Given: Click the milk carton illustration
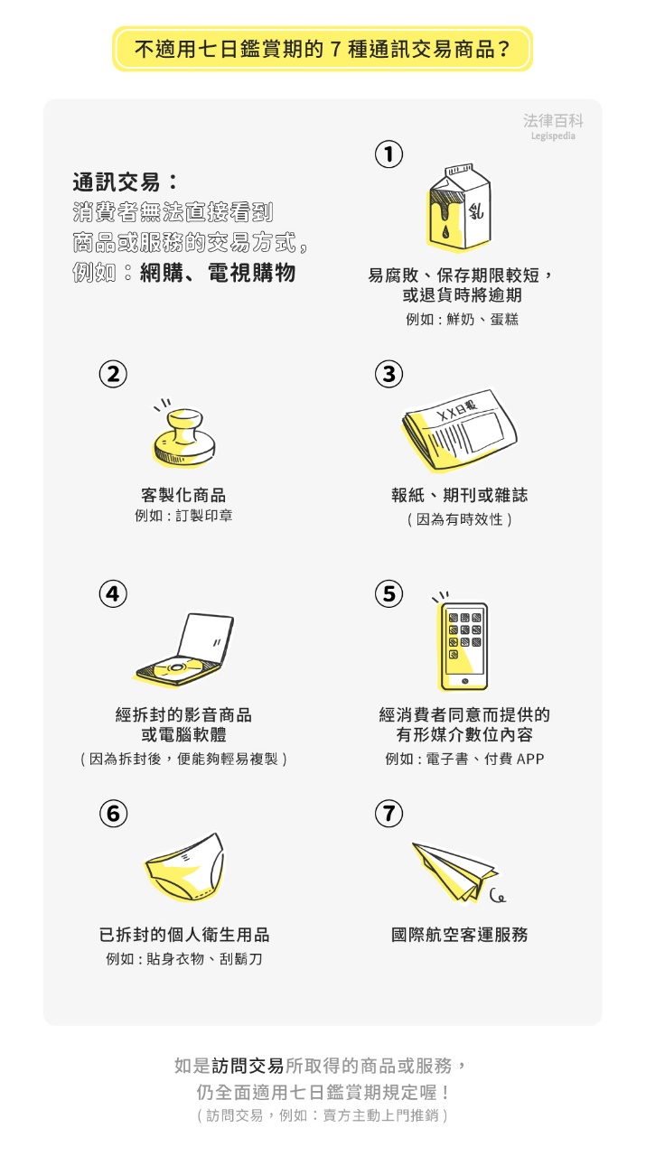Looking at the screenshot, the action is (459, 208).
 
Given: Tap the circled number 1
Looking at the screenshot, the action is (389, 154).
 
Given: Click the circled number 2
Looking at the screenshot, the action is (113, 374).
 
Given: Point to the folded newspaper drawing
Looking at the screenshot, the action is (459, 429).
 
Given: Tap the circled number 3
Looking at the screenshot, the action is (389, 374).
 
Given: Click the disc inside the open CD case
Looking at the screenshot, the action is (176, 667).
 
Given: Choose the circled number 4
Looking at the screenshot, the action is (113, 594).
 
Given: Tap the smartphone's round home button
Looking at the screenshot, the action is (464, 681).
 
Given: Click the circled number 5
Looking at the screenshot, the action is (389, 594).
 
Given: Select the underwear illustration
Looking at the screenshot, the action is (184, 867).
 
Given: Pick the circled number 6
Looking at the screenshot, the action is (113, 814).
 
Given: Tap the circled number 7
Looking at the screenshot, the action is (389, 814).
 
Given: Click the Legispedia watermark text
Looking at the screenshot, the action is (553, 136).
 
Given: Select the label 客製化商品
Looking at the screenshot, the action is (183, 496).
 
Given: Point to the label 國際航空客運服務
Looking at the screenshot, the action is (460, 935).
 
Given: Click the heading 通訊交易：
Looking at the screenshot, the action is (125, 182).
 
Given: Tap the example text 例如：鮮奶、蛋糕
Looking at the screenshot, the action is (463, 320).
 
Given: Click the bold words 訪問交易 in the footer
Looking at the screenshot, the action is (248, 1066).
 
